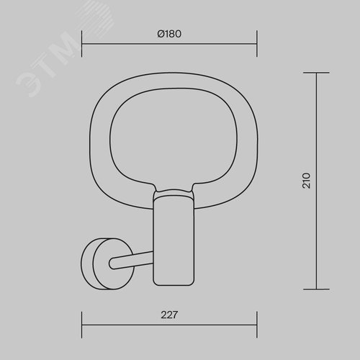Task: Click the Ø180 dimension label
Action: coord(169,34)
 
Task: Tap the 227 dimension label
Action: coord(169,315)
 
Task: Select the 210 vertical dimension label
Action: coord(306,181)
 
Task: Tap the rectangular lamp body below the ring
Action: coord(174,240)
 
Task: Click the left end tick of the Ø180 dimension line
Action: coord(82,44)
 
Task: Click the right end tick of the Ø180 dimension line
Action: coord(257,44)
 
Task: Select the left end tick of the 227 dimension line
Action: coord(82,325)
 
